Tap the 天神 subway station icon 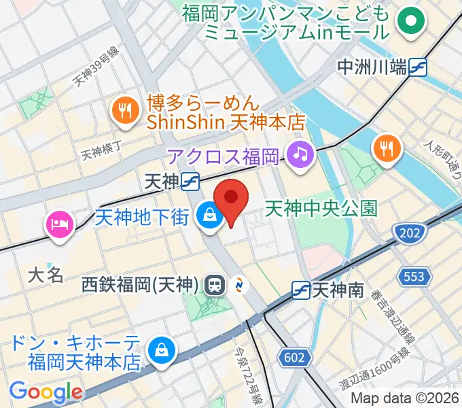point(190,181)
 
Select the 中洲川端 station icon point(418,67)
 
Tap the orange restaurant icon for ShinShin point(124,111)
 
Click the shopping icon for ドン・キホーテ point(162,351)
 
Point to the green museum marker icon point(411,21)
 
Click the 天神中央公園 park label point(321,207)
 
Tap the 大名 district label point(46,274)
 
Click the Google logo point(46,392)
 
